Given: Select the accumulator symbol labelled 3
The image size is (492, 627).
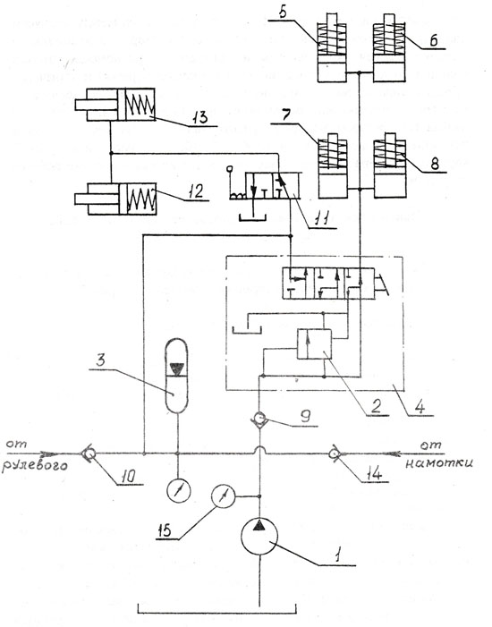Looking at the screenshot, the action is [x=176, y=375].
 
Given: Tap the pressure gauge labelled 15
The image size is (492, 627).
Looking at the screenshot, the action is [x=224, y=496].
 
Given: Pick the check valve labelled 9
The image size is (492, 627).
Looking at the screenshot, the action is [x=259, y=419].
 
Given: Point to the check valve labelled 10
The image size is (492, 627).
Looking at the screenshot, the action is [x=87, y=453].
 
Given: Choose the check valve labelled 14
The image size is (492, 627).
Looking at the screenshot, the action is [x=333, y=453].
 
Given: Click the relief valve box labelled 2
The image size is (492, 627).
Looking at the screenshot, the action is [x=314, y=343].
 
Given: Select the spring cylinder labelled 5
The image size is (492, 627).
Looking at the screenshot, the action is [x=332, y=48].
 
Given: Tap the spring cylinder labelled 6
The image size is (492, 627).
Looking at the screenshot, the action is [x=389, y=48].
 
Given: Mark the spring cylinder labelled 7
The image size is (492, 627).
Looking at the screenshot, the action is [x=333, y=165].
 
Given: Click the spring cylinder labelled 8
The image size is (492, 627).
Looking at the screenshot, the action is [x=389, y=165].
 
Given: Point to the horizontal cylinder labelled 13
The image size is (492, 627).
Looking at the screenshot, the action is [x=115, y=105].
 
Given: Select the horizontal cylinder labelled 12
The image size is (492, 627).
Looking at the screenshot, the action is [x=115, y=199].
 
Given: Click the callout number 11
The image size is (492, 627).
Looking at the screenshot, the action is [x=321, y=219].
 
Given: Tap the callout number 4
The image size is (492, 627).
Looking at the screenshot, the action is [x=420, y=407].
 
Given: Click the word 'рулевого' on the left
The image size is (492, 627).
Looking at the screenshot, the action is [x=34, y=466].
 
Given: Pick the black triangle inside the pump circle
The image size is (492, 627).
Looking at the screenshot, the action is [x=259, y=525].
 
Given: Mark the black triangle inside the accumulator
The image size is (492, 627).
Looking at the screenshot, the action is [x=176, y=368].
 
